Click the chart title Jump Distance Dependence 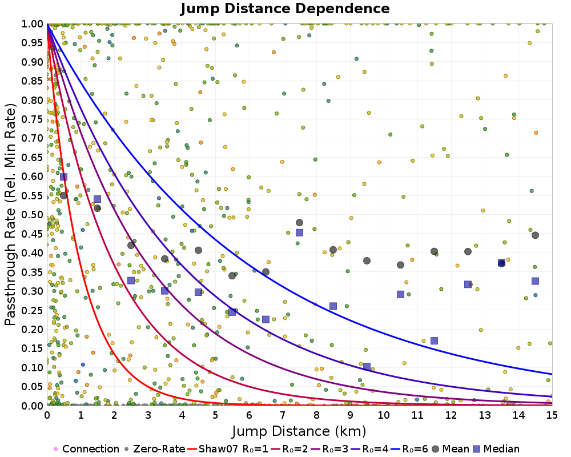(x=285, y=9)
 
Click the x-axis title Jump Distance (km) (x=299, y=430)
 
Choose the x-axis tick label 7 (x=283, y=416)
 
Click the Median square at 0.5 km (x=63, y=177)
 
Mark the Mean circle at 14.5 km (x=535, y=235)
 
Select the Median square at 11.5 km (x=434, y=340)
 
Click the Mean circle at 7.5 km (x=299, y=223)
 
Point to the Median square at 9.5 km (x=367, y=366)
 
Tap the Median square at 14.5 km (x=535, y=281)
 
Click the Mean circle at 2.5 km (x=131, y=245)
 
